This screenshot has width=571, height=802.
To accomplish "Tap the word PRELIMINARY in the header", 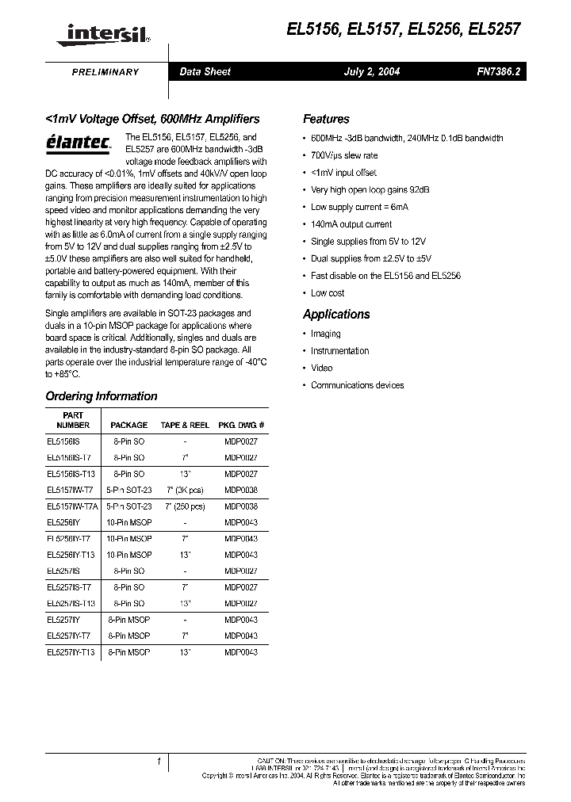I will [x=105, y=72].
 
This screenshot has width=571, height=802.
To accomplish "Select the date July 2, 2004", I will [x=371, y=72].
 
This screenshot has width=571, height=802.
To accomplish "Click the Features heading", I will [x=326, y=119].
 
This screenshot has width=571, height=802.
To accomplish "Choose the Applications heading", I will [x=336, y=314].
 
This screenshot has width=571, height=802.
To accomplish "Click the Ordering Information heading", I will [x=102, y=396].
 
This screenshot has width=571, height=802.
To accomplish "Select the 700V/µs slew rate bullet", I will [x=344, y=155].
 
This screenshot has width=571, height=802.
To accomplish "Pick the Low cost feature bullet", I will [x=328, y=292].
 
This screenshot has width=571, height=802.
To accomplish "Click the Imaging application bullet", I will [x=325, y=334].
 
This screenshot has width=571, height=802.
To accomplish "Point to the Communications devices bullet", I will [x=357, y=385].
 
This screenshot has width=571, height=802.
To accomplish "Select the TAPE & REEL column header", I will [x=185, y=425].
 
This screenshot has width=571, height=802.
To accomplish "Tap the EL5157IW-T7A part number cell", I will [x=71, y=506].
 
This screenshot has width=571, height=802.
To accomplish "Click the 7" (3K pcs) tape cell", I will [x=185, y=491].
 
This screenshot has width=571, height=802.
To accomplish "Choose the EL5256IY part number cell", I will [x=63, y=522].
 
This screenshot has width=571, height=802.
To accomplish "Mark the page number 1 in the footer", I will [x=159, y=762].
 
